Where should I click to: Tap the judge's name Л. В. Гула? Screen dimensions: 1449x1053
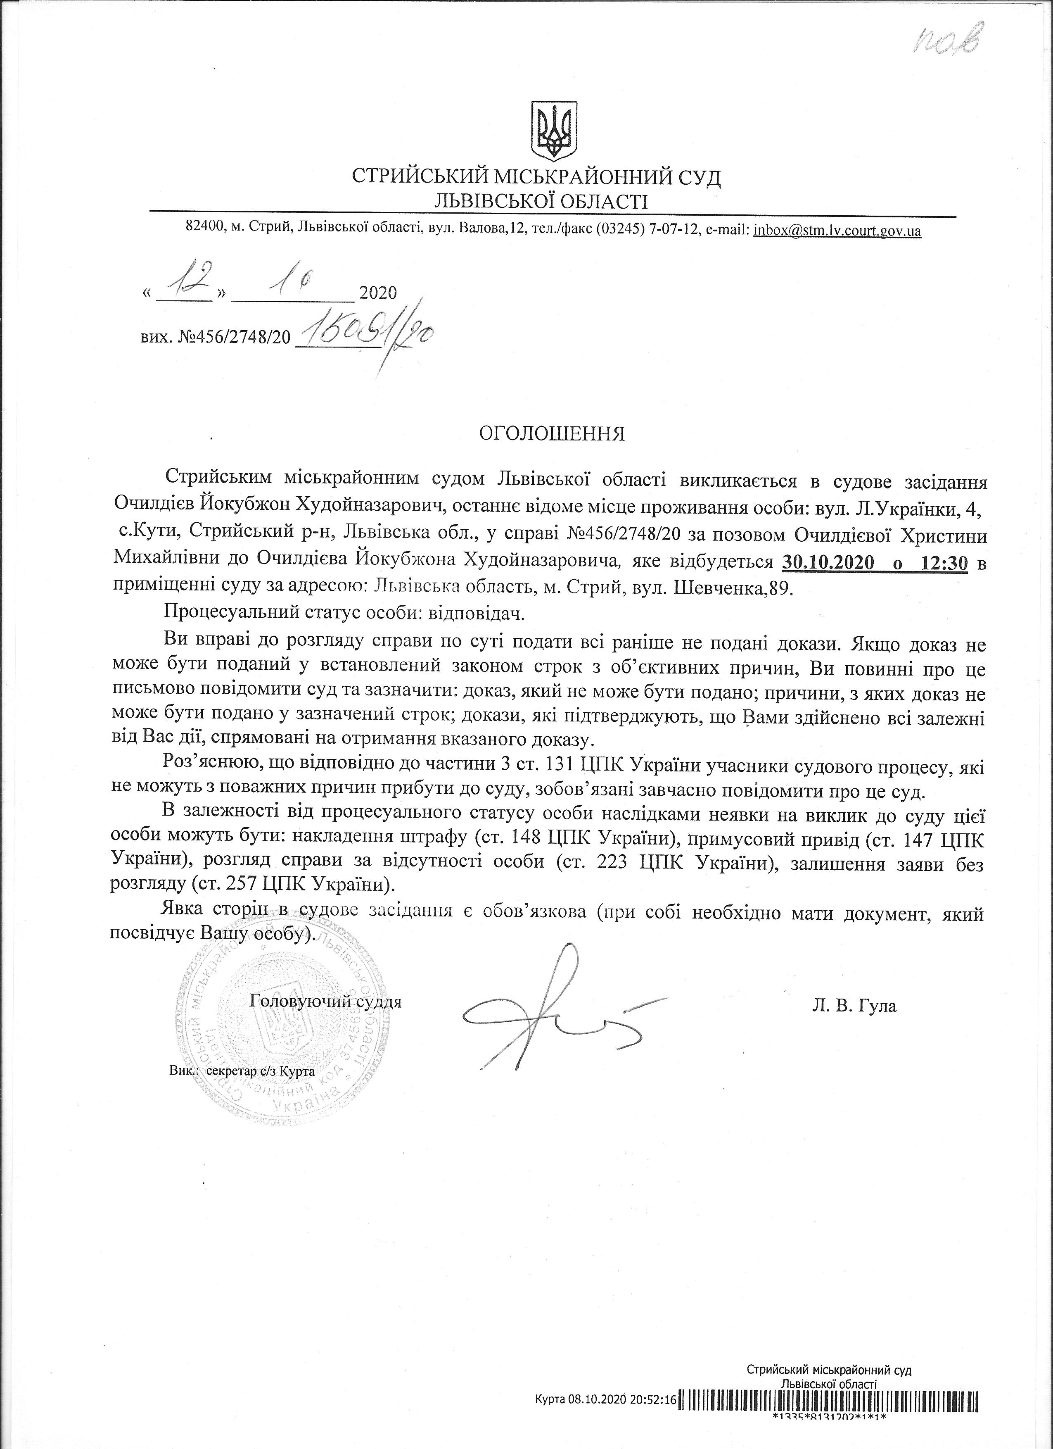pos(854,1006)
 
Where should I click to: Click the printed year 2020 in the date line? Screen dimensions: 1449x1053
pos(378,293)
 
